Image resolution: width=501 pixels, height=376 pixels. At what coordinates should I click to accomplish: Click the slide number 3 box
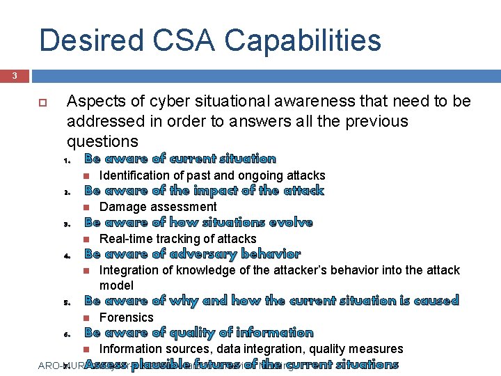[x=15, y=76]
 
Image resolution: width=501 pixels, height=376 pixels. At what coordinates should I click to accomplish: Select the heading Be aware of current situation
[x=180, y=159]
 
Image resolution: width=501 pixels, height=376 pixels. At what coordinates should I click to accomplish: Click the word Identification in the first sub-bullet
[x=134, y=175]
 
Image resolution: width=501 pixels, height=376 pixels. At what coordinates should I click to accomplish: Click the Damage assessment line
[x=158, y=207]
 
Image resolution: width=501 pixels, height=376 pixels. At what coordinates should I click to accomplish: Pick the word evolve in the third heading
[x=289, y=223]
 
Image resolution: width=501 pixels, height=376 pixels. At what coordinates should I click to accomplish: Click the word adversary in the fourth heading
[x=202, y=254]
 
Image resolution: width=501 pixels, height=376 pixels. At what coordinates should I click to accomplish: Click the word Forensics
[x=127, y=318]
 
